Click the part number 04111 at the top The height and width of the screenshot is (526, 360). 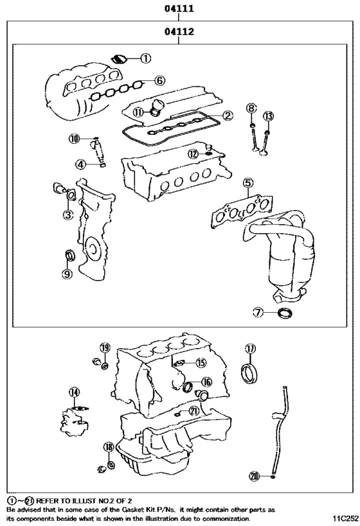click(179, 9)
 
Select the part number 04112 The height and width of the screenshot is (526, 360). click(179, 30)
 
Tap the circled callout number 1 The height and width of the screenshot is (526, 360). click(146, 58)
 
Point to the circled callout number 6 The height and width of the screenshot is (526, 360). click(159, 81)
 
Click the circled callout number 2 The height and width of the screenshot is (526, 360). click(228, 116)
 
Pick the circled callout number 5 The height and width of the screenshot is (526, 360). click(248, 184)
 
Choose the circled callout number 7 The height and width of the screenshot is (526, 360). click(258, 313)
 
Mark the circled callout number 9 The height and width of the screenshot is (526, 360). click(67, 274)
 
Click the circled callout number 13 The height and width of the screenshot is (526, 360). click(269, 116)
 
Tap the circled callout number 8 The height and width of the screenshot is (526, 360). click(252, 108)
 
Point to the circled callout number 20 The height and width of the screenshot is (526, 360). click(255, 476)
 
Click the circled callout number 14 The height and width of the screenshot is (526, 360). click(75, 392)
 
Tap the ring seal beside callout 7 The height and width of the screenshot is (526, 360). click(282, 313)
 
